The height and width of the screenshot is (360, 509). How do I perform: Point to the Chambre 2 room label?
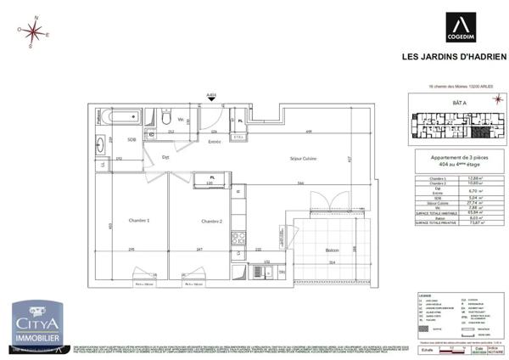[211, 221]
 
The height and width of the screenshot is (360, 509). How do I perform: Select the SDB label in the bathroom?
[131, 139]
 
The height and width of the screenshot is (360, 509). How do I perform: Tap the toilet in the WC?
[149, 117]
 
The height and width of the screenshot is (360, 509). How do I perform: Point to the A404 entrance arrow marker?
[211, 97]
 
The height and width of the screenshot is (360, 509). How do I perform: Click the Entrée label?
[215, 142]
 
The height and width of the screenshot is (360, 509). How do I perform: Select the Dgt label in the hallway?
[166, 157]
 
